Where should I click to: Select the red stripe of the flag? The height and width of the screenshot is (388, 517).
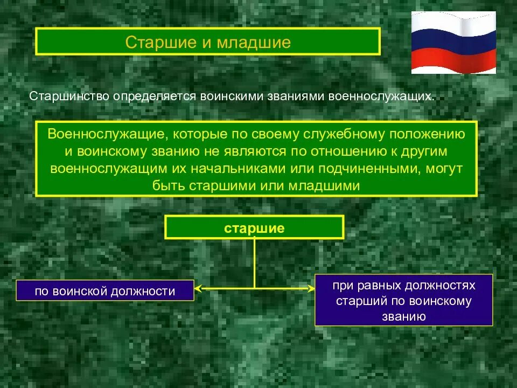[453, 61]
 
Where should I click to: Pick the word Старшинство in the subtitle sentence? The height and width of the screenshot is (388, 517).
[68, 96]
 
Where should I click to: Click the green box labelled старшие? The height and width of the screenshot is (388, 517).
[254, 227]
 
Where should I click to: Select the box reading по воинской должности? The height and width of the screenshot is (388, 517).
[105, 291]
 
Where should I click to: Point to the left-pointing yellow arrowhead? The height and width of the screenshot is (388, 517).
[198, 289]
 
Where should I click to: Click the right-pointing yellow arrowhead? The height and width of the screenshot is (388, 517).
[311, 289]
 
